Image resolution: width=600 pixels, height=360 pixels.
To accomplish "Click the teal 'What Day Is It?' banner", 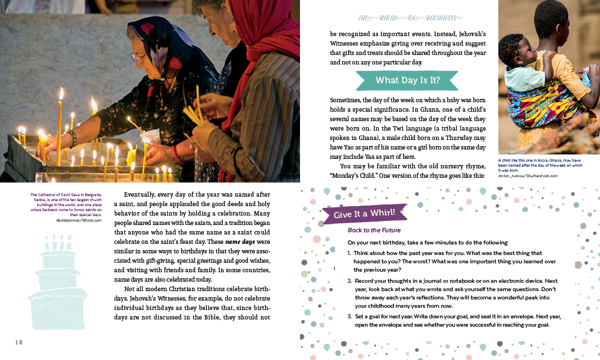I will click(x=407, y=81).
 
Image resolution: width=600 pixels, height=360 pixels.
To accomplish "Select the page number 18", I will click(x=18, y=342).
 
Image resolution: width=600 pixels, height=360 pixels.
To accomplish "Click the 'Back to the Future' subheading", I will click(x=374, y=230).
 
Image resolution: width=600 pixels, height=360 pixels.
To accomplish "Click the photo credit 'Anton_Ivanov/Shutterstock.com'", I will click(x=528, y=176).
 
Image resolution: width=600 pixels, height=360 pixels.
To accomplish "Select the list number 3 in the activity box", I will click(x=349, y=316).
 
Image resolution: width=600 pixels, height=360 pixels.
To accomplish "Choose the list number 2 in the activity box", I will click(x=349, y=281).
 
